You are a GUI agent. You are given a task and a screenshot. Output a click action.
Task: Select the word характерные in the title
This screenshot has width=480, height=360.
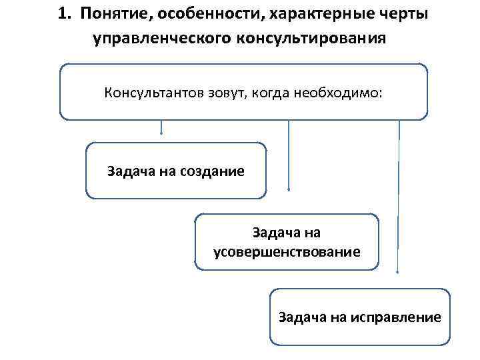click(x=299, y=15)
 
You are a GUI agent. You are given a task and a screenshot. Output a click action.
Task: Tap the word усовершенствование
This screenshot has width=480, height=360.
click(x=287, y=251)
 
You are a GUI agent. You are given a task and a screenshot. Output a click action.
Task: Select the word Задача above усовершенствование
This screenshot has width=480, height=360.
click(x=275, y=233)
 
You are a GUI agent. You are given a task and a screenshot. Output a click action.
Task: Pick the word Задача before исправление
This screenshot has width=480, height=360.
click(x=301, y=317)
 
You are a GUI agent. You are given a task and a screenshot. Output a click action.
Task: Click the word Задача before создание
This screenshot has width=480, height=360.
click(x=130, y=171)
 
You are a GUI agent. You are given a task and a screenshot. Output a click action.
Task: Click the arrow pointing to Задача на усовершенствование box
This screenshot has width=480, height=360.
click(x=288, y=153)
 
